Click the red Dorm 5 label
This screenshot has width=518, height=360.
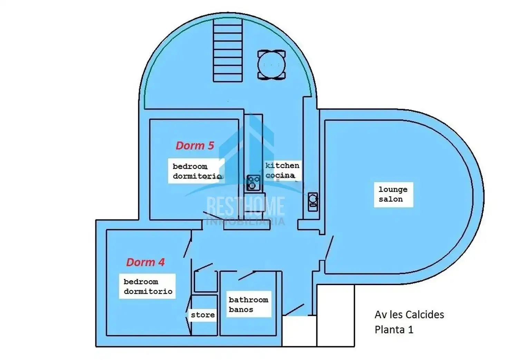coord(195,146)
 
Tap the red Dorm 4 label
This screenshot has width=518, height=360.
coord(145,262)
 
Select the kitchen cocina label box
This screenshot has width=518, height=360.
coord(282,171)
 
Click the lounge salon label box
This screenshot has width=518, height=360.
coord(393,195)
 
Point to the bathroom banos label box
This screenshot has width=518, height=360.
coord(249,304)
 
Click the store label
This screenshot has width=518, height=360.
coord(203,315)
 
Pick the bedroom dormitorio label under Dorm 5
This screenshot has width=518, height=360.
coord(196,171)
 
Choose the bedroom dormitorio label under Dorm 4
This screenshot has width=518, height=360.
coord(147,286)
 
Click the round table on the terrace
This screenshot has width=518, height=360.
coord(271,65)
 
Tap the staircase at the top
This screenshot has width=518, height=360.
coord(228,50)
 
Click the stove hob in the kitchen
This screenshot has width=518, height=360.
coord(253,183)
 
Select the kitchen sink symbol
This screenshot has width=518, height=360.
coord(313,202)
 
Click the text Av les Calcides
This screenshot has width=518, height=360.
coord(409,315)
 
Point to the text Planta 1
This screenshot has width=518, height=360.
coord(394,330)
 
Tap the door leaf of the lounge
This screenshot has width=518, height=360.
coord(329,248)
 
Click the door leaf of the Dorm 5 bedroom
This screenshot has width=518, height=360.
coord(213,216)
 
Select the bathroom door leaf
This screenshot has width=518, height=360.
coord(247,275)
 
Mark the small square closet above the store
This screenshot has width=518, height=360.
coord(206,281)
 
